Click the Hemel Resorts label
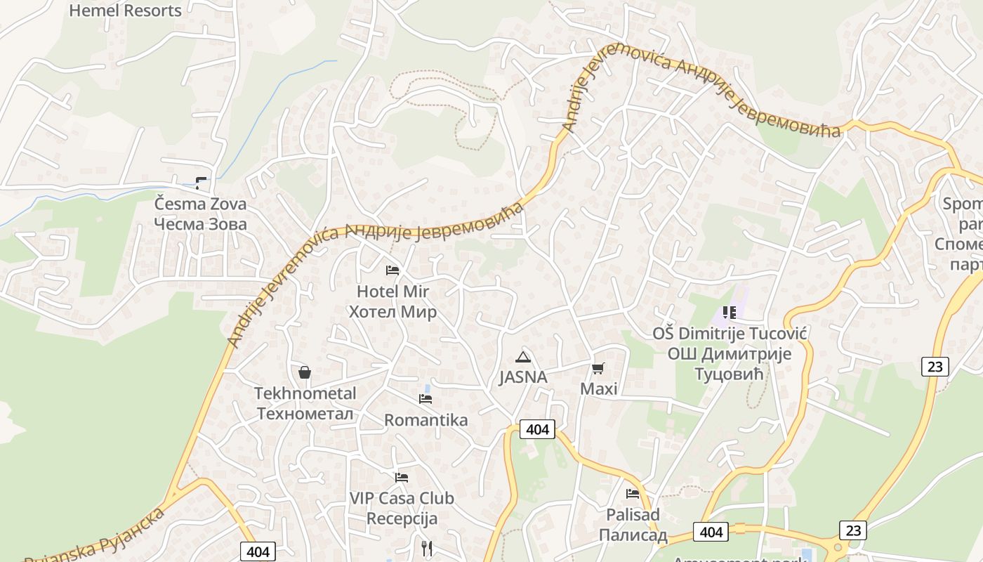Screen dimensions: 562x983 (x=126, y=11)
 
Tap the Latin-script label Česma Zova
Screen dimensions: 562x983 (x=201, y=204)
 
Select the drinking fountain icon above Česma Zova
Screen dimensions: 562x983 (x=202, y=183)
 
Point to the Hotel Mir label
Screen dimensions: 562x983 (x=392, y=292)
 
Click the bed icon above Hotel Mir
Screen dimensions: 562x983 (x=392, y=270)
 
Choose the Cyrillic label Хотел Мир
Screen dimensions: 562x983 (x=392, y=312)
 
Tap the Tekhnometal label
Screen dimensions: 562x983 (x=305, y=393)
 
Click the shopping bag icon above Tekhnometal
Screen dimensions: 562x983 (x=305, y=372)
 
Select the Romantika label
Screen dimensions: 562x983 (x=425, y=420)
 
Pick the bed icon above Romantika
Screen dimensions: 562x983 (x=425, y=399)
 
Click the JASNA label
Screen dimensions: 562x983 (x=522, y=377)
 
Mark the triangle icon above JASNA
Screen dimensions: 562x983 (x=522, y=357)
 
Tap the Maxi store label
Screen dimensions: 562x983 (x=598, y=388)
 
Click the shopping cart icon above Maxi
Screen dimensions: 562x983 (x=598, y=367)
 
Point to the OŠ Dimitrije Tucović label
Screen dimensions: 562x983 (x=730, y=334)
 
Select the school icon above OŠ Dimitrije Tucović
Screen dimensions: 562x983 (x=730, y=312)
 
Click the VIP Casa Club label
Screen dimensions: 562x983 (x=402, y=499)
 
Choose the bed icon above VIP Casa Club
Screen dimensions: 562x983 (x=402, y=478)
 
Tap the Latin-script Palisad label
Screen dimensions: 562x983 (x=633, y=515)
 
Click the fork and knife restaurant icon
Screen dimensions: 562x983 (x=427, y=548)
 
